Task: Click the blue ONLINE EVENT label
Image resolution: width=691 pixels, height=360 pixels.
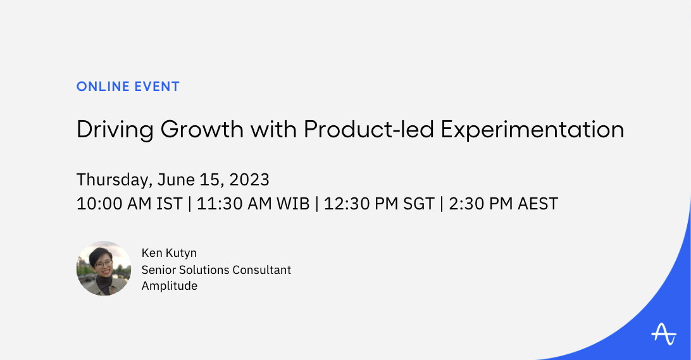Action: click(128, 87)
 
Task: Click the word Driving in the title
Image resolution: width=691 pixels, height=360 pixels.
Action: click(115, 129)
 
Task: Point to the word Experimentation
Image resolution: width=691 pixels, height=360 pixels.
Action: click(532, 130)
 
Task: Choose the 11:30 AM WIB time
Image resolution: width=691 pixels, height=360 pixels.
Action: click(253, 204)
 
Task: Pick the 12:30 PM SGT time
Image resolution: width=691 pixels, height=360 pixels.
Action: click(379, 204)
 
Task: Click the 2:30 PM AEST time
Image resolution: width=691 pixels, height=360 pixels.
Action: click(503, 204)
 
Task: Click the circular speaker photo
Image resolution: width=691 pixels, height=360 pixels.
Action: click(104, 268)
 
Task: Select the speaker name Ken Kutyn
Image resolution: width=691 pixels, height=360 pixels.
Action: click(169, 253)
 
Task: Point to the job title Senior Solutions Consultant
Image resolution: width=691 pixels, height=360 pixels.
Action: click(216, 270)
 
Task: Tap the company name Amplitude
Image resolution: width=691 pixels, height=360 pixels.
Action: click(170, 286)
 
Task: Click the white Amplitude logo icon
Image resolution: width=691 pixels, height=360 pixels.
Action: click(663, 333)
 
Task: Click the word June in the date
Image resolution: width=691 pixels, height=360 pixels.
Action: click(177, 180)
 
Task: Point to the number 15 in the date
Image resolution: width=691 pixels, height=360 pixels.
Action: click(208, 180)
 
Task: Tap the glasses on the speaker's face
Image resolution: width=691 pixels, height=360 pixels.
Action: click(104, 262)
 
